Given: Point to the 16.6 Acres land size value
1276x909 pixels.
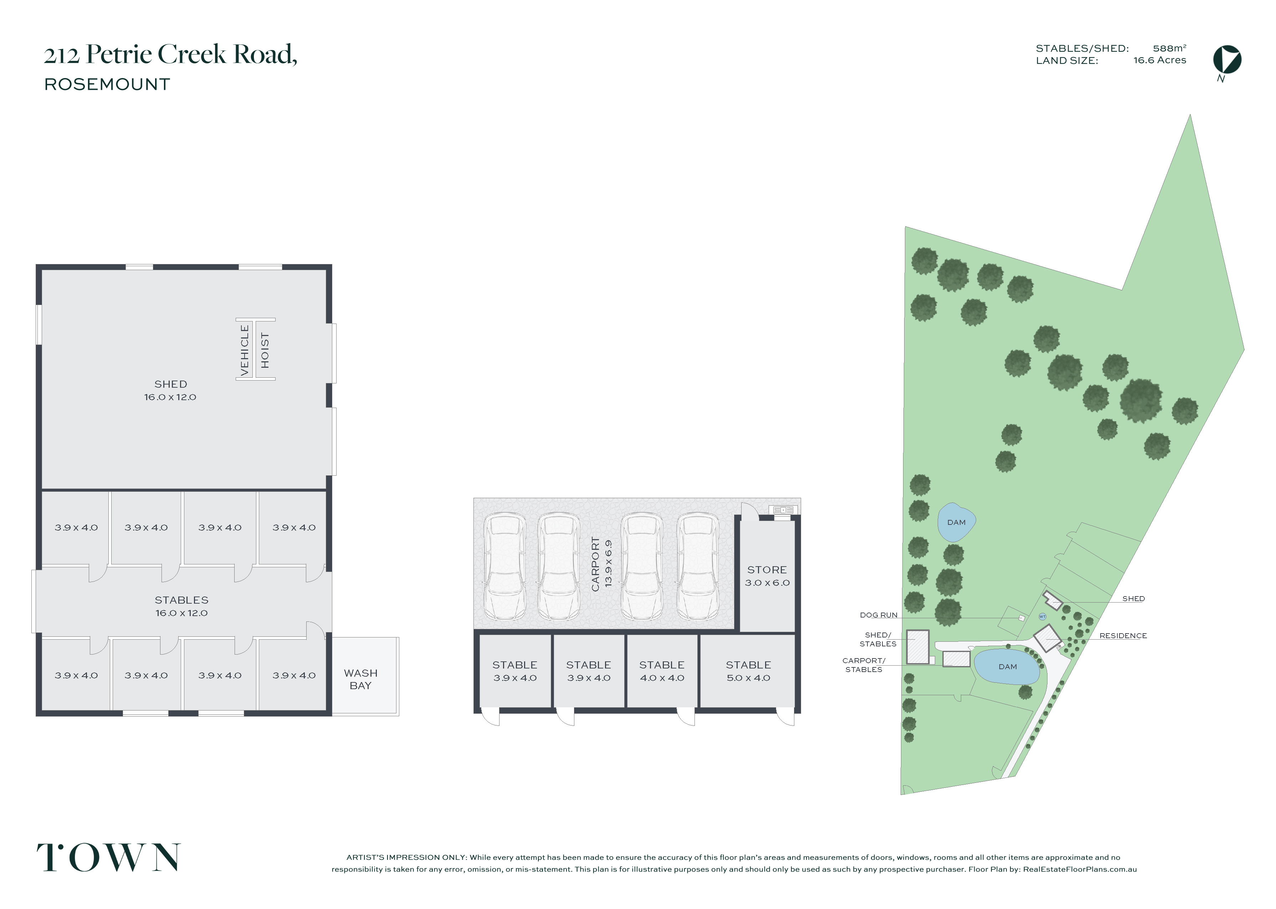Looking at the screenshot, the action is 1159,61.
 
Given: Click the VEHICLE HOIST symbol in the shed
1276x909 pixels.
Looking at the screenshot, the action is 255,349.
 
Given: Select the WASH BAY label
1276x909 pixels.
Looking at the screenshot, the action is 360,679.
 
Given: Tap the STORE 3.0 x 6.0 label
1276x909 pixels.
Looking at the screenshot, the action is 767,576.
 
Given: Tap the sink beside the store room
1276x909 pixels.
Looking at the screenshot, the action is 783,510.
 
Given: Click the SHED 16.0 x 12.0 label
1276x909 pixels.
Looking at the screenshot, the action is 170,391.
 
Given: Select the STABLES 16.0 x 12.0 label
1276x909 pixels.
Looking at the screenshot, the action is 181,606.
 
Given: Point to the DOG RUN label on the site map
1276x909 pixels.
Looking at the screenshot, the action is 878,615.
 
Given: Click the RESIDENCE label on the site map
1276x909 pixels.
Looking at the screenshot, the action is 1123,636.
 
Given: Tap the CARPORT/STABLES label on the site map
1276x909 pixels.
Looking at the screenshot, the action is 864,665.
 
